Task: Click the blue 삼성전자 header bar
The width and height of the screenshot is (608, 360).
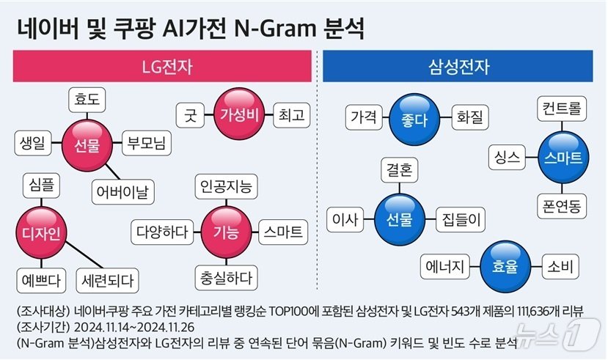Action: (459, 68)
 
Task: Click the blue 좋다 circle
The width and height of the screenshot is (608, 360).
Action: (404, 117)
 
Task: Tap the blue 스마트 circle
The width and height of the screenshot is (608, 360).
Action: (563, 157)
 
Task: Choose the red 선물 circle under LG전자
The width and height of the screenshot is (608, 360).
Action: (87, 144)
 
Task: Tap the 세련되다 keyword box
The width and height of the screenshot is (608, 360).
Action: (108, 279)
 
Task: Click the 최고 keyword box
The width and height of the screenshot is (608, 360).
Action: (292, 114)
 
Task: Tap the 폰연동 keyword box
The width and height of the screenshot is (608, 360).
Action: (563, 205)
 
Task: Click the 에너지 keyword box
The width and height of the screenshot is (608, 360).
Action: (446, 265)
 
